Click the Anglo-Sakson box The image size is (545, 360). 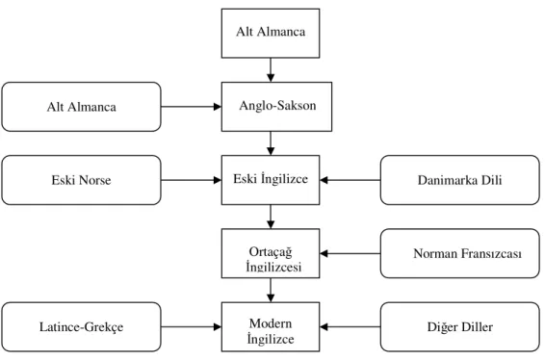coord(276,107)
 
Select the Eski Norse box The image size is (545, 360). coord(81,180)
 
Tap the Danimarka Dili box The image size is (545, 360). coord(460,180)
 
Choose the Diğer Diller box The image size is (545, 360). coord(460,326)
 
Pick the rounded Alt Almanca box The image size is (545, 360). coord(81,107)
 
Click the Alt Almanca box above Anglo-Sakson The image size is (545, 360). coord(271,34)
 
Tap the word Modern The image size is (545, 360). coord(271,323)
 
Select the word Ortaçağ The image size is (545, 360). coord(271,252)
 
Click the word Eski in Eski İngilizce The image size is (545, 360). coord(245,179)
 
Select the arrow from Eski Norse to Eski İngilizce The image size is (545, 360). coord(192,180)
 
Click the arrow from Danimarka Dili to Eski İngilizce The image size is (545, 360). coord(350,180)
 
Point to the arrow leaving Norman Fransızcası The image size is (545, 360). coord(350,253)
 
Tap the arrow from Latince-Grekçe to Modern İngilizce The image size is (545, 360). coord(192,326)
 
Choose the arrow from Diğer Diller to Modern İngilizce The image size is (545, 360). coord(350,326)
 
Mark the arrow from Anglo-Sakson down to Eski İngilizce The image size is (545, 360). coord(271,143)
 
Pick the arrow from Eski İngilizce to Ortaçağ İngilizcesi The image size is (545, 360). coord(271,217)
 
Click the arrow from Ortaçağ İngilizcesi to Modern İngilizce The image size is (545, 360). coord(271,290)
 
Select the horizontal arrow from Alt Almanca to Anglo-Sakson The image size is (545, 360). coord(192,107)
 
